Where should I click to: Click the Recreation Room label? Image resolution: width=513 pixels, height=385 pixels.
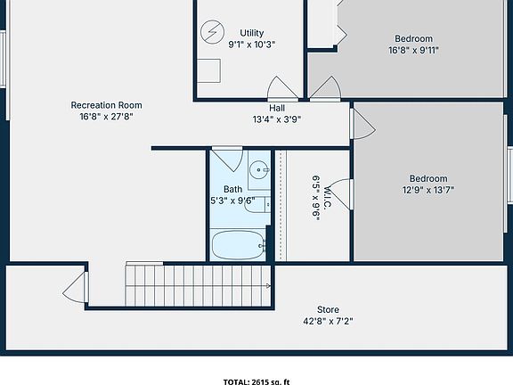pyautogui.click(x=106, y=105)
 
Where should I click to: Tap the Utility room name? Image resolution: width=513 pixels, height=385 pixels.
pyautogui.click(x=252, y=33)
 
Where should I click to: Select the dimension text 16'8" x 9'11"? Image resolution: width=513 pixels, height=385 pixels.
pyautogui.click(x=413, y=51)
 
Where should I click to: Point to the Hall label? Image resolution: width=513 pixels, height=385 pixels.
pyautogui.click(x=277, y=108)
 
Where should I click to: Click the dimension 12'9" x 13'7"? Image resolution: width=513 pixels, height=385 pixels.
pyautogui.click(x=428, y=190)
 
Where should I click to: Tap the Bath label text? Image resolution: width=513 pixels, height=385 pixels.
pyautogui.click(x=232, y=189)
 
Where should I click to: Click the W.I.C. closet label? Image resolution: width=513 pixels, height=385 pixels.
pyautogui.click(x=328, y=197)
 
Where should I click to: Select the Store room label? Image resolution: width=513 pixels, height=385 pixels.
pyautogui.click(x=328, y=310)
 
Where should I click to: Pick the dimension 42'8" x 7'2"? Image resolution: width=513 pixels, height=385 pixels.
pyautogui.click(x=328, y=322)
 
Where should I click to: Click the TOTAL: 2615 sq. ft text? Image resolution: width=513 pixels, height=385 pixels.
pyautogui.click(x=256, y=381)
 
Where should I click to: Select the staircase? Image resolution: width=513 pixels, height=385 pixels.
pyautogui.click(x=196, y=285)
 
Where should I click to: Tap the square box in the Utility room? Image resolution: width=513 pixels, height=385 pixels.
pyautogui.click(x=210, y=70)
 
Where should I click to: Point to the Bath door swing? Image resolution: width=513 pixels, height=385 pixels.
pyautogui.click(x=228, y=160)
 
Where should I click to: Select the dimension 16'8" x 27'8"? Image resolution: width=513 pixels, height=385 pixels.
pyautogui.click(x=106, y=117)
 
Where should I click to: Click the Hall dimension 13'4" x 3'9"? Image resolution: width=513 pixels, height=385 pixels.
pyautogui.click(x=277, y=119)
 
